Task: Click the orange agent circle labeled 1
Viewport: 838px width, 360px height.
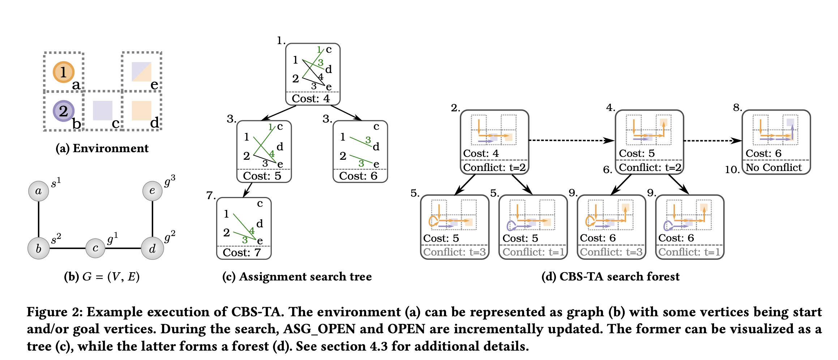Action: tap(64, 72)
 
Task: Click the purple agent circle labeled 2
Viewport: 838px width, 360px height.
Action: tap(64, 111)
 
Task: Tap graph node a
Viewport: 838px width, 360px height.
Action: tap(39, 191)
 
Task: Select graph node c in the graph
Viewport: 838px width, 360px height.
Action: tap(95, 248)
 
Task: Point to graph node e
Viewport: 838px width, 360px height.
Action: tap(152, 190)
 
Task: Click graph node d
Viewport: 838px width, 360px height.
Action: tap(152, 248)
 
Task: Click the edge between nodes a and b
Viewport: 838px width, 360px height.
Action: tap(39, 219)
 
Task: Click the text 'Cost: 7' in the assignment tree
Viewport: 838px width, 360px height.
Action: tap(241, 252)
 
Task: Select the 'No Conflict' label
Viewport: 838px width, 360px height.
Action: tap(774, 167)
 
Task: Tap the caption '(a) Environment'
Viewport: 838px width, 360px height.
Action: tap(102, 148)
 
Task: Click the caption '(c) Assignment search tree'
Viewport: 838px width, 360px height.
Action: tap(297, 277)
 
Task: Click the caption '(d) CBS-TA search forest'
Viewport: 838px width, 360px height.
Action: tap(610, 277)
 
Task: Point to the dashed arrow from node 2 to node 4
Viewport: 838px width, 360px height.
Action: tap(571, 140)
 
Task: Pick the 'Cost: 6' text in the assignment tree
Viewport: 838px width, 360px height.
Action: tap(358, 176)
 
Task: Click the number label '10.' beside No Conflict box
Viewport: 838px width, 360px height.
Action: tap(732, 170)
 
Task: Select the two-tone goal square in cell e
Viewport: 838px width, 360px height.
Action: tap(141, 72)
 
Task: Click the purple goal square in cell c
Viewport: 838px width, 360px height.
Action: tap(103, 111)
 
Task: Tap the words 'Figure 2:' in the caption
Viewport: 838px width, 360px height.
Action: tap(54, 312)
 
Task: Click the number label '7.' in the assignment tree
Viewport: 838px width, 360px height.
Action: tap(211, 196)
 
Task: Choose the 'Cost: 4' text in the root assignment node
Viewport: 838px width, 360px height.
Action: tap(311, 99)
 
